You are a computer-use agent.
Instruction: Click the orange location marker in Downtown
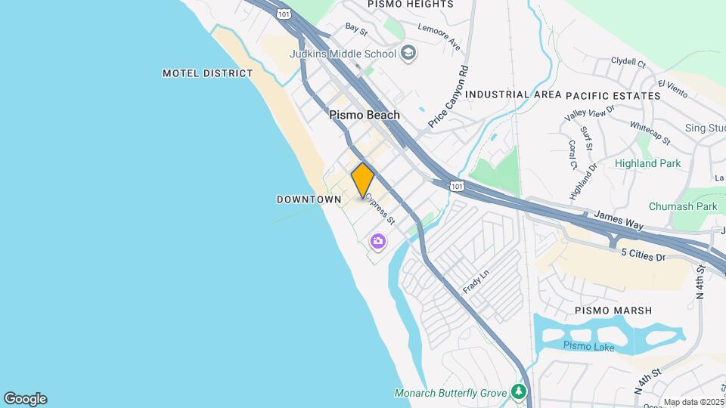[363, 181]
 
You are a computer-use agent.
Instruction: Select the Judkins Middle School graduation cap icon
[408, 54]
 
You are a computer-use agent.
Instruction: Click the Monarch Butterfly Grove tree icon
[518, 391]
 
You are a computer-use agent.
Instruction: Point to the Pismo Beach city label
[365, 116]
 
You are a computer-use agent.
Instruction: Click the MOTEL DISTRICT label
[208, 73]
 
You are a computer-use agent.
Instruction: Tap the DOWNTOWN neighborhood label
[309, 199]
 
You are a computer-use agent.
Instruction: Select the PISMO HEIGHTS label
[411, 5]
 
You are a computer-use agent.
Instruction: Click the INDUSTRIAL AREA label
[513, 95]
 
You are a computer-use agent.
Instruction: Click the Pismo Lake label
[588, 347]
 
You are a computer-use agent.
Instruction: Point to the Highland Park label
[647, 163]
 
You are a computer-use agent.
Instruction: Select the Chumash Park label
[683, 206]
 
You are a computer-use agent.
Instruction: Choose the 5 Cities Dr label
[643, 257]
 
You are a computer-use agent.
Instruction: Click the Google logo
[25, 398]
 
